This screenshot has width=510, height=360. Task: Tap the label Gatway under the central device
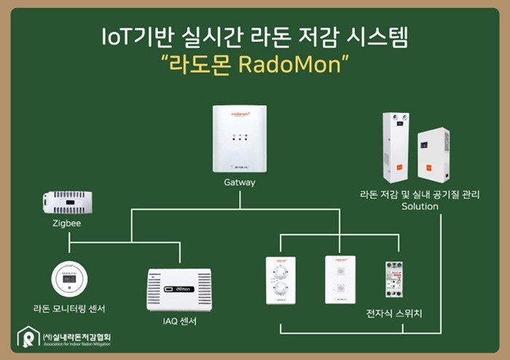tap(239, 182)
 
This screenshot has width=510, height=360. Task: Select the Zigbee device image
tap(67, 202)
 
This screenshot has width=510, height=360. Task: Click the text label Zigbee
tap(66, 224)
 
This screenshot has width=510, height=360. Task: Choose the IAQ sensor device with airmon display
tap(178, 289)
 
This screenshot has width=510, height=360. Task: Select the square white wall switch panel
tap(340, 279)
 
